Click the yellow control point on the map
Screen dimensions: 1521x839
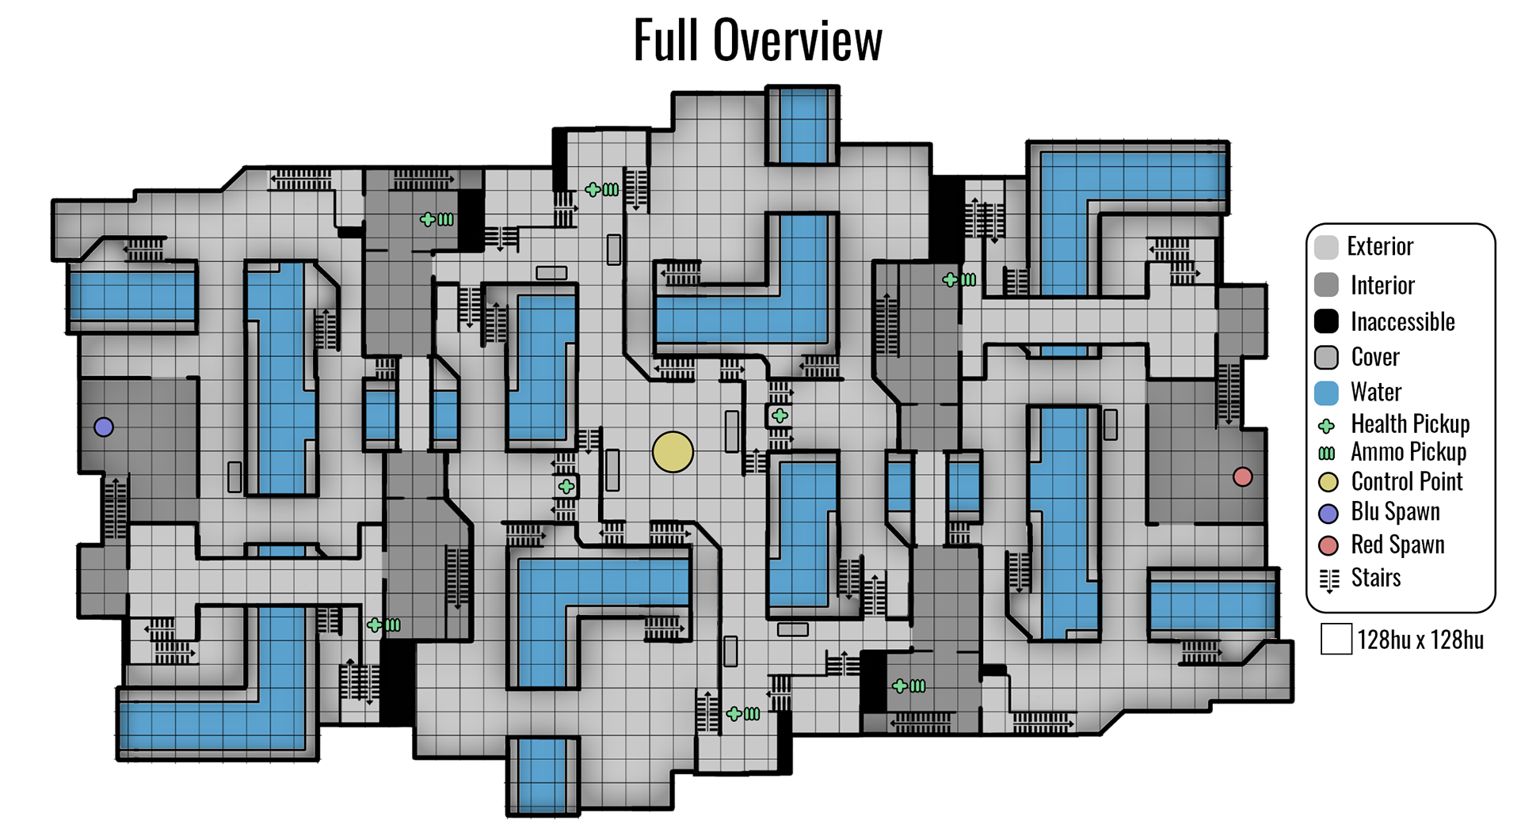[673, 452]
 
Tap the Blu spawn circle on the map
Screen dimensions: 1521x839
[104, 427]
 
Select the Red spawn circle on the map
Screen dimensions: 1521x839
[1242, 476]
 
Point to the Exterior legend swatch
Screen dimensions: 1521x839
[1326, 247]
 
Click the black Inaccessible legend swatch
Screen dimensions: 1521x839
[1326, 321]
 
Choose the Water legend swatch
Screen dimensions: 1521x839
[1326, 393]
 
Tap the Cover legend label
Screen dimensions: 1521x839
[1375, 357]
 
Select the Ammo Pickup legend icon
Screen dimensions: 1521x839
[1326, 454]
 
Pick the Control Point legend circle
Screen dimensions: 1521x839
[1328, 482]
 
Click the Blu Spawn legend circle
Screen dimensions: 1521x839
[1328, 513]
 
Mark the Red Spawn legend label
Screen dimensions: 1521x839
[1397, 545]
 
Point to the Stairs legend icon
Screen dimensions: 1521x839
[1329, 580]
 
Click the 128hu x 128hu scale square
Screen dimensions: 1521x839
[1336, 640]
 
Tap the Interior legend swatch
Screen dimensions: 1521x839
[1326, 285]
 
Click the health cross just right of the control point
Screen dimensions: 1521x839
[780, 416]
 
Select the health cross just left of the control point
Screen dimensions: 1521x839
[566, 487]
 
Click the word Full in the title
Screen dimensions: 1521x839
[665, 40]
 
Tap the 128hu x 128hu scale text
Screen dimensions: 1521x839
[1420, 640]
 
